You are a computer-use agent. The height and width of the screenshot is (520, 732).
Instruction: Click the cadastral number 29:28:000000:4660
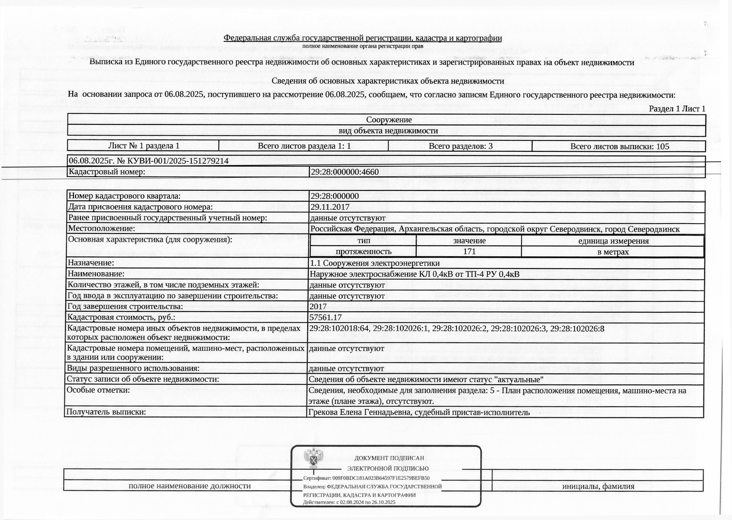[345, 172]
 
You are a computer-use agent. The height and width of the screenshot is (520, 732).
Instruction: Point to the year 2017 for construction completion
[318, 306]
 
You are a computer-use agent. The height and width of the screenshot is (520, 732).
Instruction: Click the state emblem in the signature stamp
[313, 458]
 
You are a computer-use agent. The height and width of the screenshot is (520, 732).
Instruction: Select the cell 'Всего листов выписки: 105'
[619, 146]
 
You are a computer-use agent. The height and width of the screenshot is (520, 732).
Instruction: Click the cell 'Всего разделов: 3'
[460, 146]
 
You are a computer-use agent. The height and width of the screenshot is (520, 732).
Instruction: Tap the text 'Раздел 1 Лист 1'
[677, 109]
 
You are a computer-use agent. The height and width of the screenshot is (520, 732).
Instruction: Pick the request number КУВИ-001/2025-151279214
[178, 161]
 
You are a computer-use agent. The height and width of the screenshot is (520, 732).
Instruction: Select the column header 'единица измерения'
[613, 241]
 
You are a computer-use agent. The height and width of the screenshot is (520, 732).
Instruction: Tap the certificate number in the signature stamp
[381, 478]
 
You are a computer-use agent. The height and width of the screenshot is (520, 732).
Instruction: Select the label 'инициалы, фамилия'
[598, 486]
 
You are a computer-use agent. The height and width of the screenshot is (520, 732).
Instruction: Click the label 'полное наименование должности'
[189, 486]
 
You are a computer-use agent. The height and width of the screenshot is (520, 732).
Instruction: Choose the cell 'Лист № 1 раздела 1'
[143, 146]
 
